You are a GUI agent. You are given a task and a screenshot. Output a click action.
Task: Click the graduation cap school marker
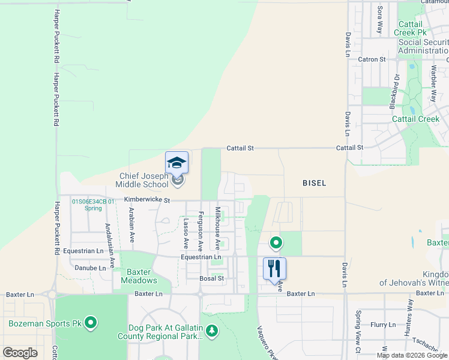coord(176,162)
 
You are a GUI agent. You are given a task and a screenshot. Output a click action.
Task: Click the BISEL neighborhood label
coord(314,183)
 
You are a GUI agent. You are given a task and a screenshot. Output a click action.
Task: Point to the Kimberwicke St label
coord(148,200)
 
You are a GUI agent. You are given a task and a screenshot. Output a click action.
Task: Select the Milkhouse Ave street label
coord(218,229)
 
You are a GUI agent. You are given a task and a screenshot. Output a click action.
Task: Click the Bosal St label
coord(212,278)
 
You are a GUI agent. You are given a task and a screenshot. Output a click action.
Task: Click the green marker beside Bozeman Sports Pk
coord(91,323)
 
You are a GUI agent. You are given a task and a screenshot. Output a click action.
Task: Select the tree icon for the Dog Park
coord(211,331)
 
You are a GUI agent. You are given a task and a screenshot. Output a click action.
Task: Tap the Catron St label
coord(372,59)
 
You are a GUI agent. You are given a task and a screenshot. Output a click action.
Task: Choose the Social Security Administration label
coord(423,46)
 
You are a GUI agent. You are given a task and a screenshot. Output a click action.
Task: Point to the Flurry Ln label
coord(382,325)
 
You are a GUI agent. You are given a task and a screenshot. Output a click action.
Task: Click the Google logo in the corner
coord(20,353)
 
